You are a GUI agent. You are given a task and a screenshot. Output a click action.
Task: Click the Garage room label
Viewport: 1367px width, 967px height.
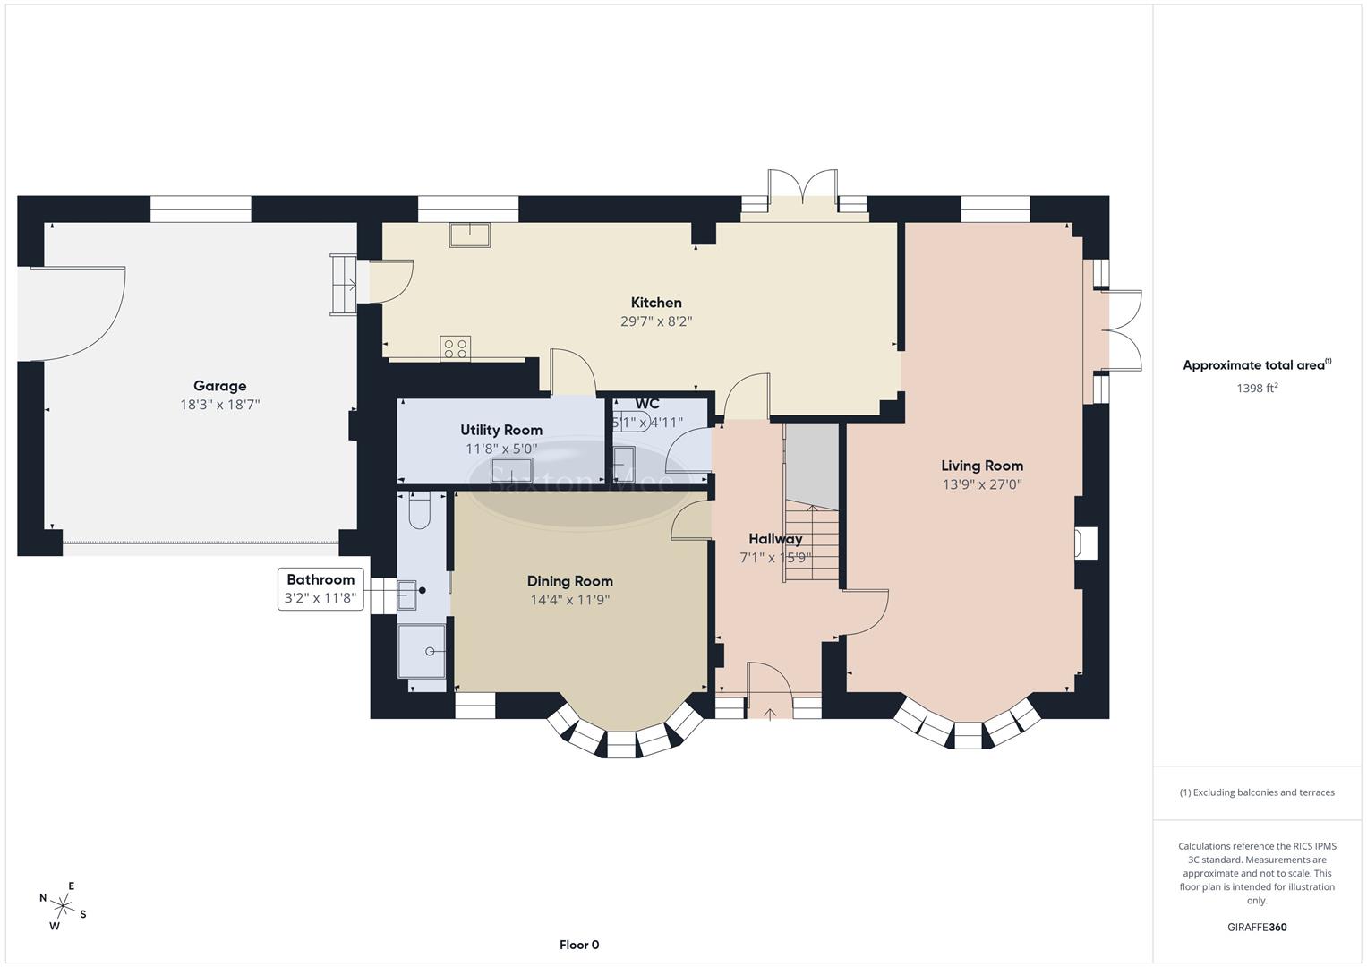[x=219, y=386]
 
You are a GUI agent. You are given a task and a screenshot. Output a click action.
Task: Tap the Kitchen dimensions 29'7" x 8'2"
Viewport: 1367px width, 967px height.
[x=656, y=321]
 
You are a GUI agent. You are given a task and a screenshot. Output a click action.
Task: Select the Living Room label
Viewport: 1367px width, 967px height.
[x=981, y=466]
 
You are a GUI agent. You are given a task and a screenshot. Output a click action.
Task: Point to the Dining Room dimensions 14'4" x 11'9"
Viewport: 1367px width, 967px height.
[x=569, y=601]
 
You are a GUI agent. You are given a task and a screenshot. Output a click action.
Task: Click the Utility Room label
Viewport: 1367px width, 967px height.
[x=501, y=430]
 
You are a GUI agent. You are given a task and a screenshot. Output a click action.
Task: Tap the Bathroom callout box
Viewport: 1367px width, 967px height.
[x=321, y=589]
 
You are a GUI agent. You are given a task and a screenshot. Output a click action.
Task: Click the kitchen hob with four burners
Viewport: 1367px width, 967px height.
[x=456, y=348]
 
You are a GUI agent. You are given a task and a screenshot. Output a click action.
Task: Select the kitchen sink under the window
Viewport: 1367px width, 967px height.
[x=470, y=234]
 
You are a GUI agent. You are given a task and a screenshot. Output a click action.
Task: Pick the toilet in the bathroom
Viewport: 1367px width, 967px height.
[x=419, y=510]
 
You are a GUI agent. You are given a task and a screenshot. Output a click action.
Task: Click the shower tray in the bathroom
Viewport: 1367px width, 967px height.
[x=422, y=650]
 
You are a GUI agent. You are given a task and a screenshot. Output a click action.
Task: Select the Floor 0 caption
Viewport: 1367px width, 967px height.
[x=578, y=945]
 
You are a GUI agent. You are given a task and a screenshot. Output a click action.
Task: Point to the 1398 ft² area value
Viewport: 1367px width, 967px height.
[x=1257, y=389]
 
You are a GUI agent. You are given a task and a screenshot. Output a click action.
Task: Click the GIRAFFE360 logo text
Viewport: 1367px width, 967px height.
[x=1257, y=928]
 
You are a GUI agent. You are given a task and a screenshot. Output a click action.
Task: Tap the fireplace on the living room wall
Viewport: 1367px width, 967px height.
[x=1085, y=543]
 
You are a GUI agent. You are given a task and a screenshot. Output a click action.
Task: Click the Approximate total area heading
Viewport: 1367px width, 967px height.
[x=1257, y=365]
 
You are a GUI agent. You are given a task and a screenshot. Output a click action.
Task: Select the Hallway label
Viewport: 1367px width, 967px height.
[x=775, y=539]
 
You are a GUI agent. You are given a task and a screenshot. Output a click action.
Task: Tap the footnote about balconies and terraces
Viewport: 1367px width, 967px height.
[x=1257, y=792]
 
